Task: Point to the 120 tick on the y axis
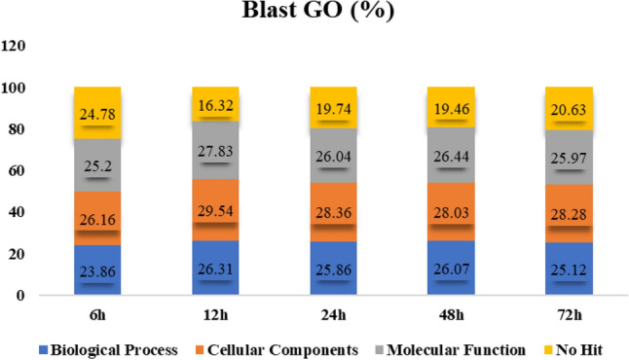(x=20, y=47)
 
